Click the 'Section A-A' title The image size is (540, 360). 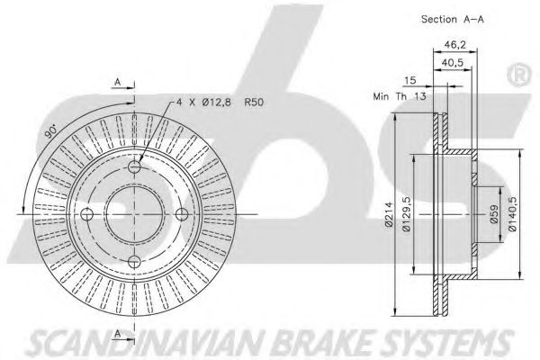tap(452, 19)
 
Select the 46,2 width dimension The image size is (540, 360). tap(454, 45)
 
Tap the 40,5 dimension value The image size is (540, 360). tap(453, 63)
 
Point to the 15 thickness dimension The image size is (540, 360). tap(409, 80)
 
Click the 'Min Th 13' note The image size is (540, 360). tap(400, 96)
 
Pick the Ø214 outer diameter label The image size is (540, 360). tap(389, 214)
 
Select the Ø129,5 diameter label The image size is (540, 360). tap(407, 214)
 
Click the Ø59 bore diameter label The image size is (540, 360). tap(494, 214)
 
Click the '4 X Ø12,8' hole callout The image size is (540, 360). tap(203, 103)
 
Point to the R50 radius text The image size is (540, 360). tap(254, 103)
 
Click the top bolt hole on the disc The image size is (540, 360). tap(134, 167)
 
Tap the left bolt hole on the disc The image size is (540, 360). tap(86, 214)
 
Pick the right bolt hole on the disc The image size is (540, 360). tap(182, 214)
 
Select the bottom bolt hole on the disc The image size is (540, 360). tap(134, 262)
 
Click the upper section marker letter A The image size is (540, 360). tap(118, 82)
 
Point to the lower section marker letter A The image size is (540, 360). tap(118, 333)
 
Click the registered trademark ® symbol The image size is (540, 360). tap(518, 76)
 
